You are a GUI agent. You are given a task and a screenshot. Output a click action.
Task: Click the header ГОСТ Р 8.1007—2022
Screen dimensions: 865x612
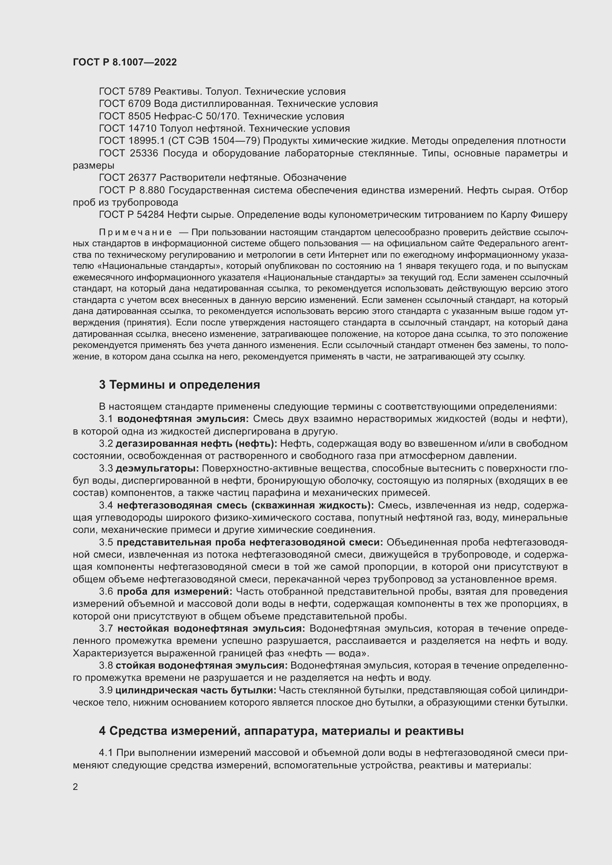tap(125, 62)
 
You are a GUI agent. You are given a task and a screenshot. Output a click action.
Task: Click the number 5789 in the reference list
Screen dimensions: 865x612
tap(139, 92)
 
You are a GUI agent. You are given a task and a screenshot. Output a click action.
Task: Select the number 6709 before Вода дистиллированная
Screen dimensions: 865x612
tap(139, 104)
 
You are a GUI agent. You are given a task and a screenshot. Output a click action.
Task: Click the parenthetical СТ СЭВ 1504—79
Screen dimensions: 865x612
tap(214, 141)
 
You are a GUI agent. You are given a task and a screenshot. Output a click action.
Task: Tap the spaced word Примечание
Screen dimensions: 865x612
tap(136, 232)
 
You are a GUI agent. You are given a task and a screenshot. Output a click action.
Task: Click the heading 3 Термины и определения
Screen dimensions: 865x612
tap(179, 385)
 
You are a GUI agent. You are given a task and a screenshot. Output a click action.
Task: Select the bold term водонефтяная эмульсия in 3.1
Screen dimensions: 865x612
tap(183, 419)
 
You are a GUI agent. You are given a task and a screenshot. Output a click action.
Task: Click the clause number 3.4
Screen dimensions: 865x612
tap(106, 505)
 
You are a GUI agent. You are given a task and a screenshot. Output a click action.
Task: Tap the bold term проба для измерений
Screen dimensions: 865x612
tap(175, 591)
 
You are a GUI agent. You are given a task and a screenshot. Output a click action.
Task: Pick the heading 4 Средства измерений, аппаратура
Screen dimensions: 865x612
tap(281, 731)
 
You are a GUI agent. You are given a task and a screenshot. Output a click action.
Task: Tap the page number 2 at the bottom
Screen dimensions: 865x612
tap(75, 787)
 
